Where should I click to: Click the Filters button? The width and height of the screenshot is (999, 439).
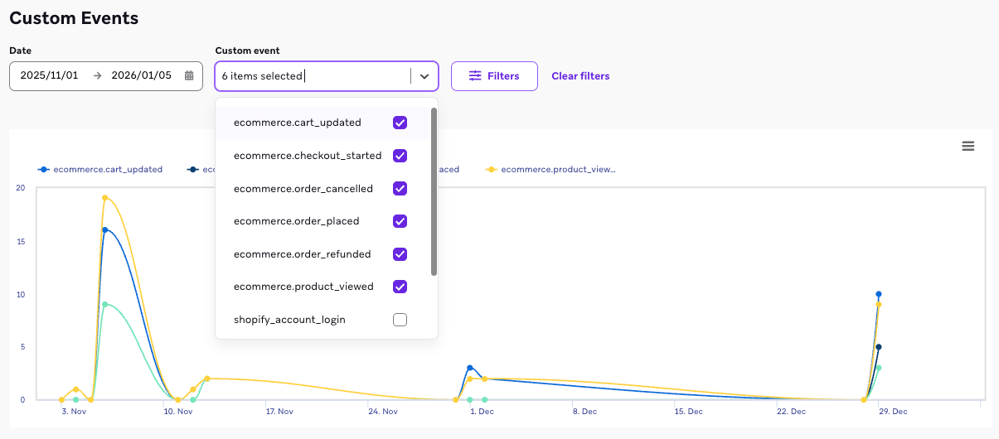[494, 76]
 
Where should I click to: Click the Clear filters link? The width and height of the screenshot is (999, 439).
[580, 76]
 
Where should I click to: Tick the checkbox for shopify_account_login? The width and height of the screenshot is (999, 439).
[400, 320]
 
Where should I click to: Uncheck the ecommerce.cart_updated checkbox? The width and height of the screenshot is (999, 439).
[400, 123]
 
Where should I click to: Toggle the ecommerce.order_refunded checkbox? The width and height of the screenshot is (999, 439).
[400, 254]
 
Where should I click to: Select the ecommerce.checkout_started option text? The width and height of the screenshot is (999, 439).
[308, 156]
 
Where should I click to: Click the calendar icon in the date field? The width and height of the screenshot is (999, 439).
[189, 76]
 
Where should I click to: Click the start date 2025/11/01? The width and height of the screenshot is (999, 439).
[50, 76]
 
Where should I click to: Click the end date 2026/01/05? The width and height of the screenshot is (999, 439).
[141, 76]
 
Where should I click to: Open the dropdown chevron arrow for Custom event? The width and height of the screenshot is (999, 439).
[424, 76]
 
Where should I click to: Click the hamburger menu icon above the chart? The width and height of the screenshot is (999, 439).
[967, 147]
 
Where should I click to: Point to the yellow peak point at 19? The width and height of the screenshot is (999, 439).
[105, 198]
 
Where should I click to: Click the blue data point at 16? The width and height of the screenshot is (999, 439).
[105, 229]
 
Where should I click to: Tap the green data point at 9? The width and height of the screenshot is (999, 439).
[105, 304]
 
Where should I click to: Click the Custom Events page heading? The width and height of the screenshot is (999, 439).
[74, 18]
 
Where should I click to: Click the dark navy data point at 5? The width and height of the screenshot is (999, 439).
[879, 347]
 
